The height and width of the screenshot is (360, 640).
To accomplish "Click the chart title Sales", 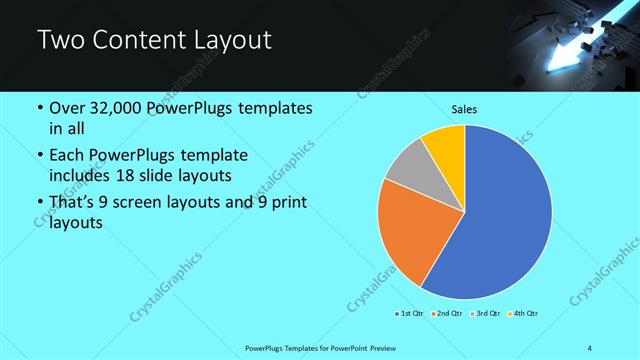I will coord(464,109).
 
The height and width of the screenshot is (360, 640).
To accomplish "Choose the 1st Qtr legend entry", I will coord(408,314).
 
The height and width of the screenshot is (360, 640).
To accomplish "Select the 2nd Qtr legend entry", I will coord(444,314).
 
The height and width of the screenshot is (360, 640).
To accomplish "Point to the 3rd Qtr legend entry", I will coord(484,314).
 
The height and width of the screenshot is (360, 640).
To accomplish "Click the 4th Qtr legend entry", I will coord(523,314).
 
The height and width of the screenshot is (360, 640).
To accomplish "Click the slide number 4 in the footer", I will coord(590,347).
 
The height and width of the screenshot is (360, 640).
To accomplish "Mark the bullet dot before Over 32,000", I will coord(39,108).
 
